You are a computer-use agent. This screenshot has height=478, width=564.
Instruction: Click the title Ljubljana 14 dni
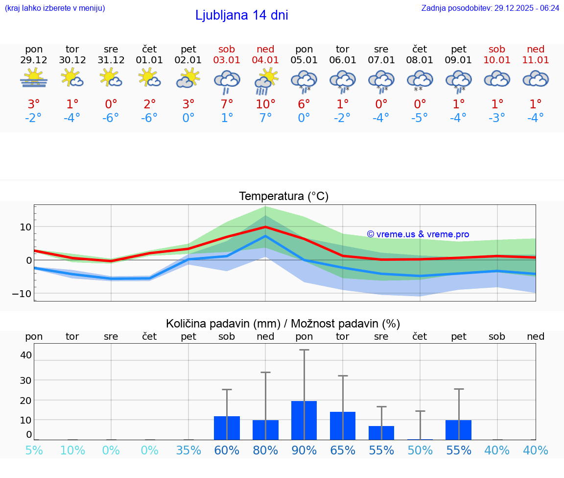241,15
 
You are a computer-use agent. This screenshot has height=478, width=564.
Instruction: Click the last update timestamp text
490,8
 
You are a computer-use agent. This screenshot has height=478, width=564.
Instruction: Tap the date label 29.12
34,60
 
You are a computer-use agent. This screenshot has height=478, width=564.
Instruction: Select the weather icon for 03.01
227,81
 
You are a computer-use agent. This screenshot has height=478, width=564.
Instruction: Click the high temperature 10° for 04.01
265,104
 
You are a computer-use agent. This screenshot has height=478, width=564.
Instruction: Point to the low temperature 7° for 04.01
265,118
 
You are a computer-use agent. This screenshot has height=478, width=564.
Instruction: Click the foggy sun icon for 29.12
34,78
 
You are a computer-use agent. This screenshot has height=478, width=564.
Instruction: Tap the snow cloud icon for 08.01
420,81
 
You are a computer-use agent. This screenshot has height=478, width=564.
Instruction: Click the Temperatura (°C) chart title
283,197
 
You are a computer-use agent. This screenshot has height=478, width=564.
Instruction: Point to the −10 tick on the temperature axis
22,294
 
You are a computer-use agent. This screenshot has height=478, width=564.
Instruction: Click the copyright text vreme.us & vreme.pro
418,234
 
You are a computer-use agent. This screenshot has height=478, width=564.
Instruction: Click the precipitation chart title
283,324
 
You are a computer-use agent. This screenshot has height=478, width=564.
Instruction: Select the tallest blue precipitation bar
304,420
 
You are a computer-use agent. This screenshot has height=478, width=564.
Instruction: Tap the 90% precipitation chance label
304,450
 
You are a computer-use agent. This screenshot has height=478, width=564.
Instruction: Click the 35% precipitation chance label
188,450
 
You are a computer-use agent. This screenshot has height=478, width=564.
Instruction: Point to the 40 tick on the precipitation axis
26,355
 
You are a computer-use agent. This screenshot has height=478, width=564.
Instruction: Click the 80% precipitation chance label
265,450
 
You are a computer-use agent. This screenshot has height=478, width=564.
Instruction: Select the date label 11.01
536,60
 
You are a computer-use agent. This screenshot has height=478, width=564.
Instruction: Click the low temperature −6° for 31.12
111,118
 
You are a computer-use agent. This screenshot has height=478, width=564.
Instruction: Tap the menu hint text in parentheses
55,8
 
